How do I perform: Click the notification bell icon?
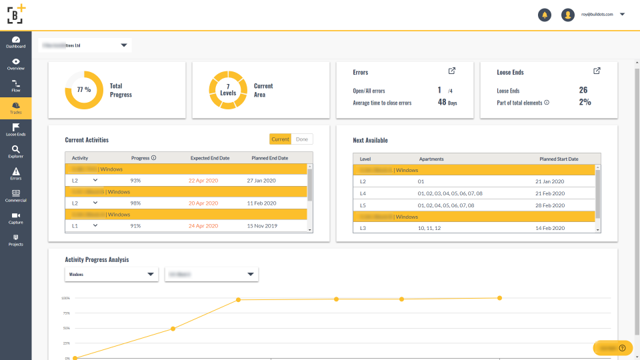point(545,15)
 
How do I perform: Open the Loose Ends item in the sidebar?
point(15,129)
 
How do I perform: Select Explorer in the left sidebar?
point(15,151)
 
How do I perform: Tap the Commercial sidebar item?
point(15,195)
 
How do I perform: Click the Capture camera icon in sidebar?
point(15,217)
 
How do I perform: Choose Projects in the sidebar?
point(15,240)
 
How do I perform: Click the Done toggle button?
point(302,139)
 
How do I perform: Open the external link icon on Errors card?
point(452,71)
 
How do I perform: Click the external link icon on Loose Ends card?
point(597,71)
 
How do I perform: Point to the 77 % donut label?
point(84,89)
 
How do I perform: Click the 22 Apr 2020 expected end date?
point(203,181)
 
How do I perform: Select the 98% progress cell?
point(136,203)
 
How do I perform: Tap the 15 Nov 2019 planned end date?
point(261,225)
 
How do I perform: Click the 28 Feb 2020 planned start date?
point(550,205)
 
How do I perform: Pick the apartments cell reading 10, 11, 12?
point(429,228)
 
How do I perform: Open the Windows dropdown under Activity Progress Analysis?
point(111,274)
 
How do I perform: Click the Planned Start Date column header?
point(559,159)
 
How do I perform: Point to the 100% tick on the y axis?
point(66,298)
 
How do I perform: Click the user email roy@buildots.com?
point(597,14)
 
